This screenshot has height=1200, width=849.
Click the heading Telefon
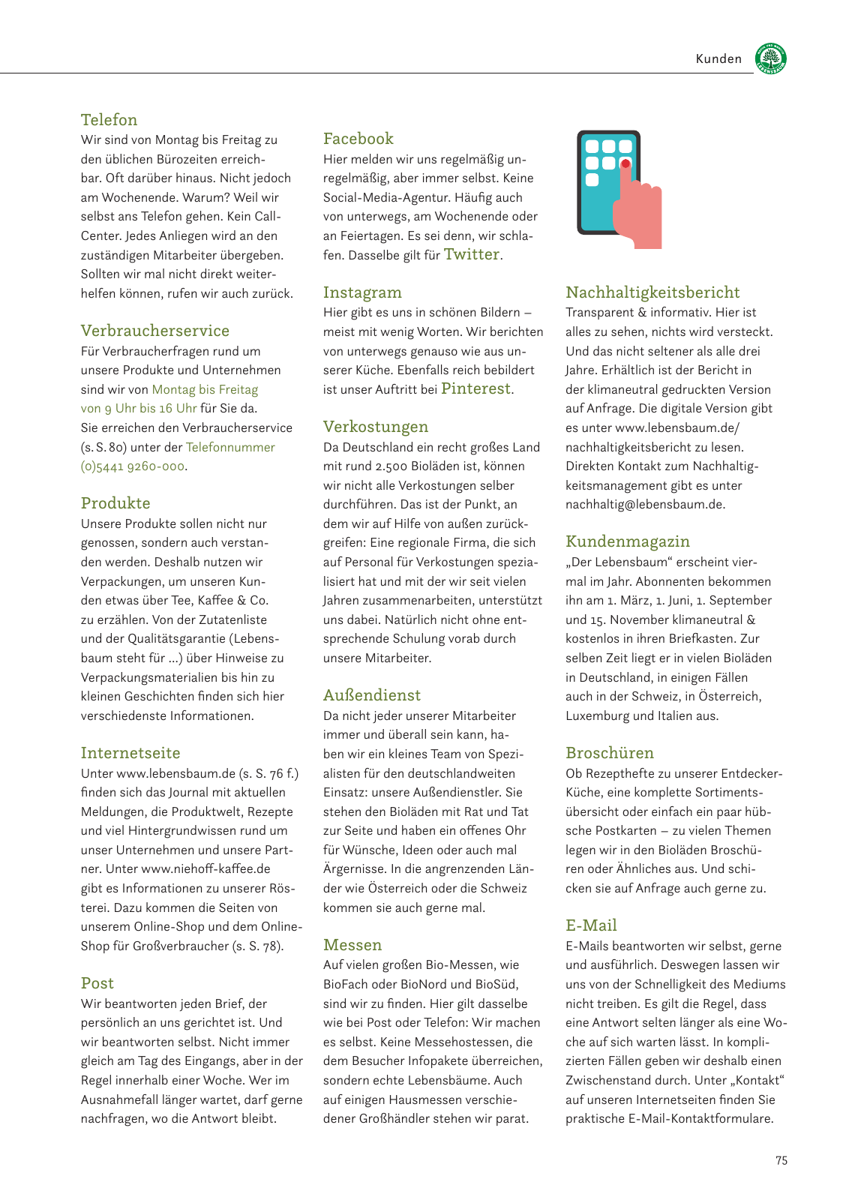(109, 120)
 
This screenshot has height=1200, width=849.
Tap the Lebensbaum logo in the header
(770, 58)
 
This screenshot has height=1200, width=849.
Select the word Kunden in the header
(718, 59)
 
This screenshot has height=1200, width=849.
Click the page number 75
(781, 1160)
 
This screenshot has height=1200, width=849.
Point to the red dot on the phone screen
(625, 163)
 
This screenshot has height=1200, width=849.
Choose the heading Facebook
(358, 139)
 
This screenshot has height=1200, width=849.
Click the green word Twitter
(472, 254)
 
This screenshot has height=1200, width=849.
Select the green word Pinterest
(475, 388)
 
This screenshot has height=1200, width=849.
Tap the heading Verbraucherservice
(154, 331)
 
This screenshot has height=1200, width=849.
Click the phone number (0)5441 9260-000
(133, 466)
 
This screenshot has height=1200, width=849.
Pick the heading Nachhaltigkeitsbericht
(652, 292)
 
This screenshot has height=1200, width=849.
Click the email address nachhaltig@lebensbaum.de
(644, 504)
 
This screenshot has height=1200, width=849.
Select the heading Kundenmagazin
(627, 541)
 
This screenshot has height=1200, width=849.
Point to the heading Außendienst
(371, 695)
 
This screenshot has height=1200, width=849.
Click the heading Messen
(352, 945)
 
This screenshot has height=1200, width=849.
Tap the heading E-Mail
(591, 925)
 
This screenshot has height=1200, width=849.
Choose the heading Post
(97, 983)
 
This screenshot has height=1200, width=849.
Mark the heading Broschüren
(609, 753)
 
